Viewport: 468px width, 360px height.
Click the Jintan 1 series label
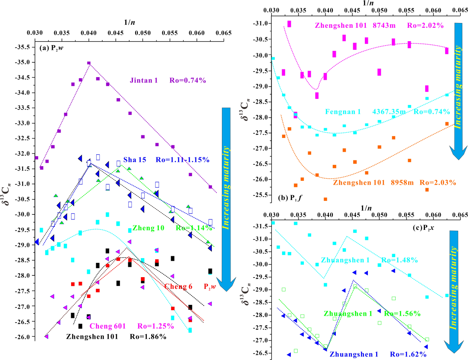143,80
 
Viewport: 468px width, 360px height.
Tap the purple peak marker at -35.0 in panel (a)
89,63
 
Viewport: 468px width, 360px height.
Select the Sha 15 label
135,160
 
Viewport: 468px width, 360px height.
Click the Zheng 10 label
148,228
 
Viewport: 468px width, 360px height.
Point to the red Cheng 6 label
178,287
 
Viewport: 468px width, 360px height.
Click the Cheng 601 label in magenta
108,326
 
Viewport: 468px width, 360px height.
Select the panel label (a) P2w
51,48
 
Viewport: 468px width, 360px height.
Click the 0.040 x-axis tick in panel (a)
89,33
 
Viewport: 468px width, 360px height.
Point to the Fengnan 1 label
343,112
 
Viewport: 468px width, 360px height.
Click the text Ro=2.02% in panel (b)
426,26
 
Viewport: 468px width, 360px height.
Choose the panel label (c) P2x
423,228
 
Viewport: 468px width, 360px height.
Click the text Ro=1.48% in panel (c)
400,260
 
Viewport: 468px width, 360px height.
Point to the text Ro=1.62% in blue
408,354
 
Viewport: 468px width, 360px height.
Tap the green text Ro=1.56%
402,314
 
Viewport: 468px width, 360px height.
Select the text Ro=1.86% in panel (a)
148,337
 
